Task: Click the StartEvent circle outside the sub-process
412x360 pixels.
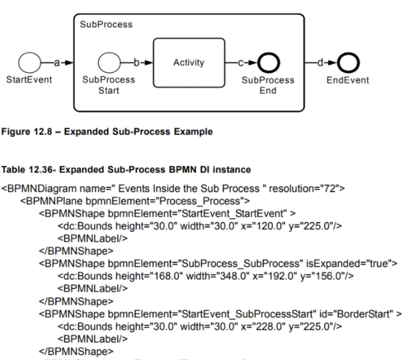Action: click(29, 63)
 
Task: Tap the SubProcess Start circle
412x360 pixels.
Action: click(109, 63)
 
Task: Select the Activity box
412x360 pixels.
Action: click(189, 63)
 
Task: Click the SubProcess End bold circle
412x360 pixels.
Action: click(268, 63)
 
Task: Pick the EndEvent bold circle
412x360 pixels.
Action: click(348, 63)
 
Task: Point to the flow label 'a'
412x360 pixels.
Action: click(56, 63)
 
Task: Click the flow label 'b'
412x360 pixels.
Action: click(136, 63)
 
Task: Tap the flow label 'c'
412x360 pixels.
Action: click(241, 63)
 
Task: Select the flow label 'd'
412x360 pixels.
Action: click(320, 63)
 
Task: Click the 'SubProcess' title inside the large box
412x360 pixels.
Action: click(106, 25)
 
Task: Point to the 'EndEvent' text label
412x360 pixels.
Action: click(348, 80)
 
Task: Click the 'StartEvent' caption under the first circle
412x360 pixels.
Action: click(29, 80)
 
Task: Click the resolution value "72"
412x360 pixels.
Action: click(331, 188)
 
